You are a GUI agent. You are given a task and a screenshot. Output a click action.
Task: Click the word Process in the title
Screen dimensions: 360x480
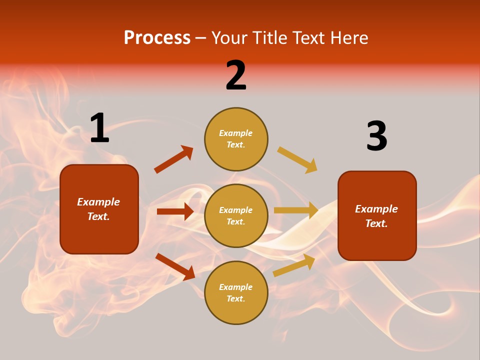coord(157,38)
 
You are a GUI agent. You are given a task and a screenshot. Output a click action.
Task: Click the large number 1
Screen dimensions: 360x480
coord(99,128)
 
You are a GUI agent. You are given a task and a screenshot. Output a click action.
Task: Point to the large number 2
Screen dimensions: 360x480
coord(236,75)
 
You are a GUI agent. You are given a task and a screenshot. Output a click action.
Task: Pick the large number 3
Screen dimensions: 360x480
coord(376,136)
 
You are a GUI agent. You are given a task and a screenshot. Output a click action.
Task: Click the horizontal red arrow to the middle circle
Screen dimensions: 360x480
coord(175,211)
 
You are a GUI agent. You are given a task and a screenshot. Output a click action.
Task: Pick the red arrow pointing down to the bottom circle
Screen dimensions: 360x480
coord(175,266)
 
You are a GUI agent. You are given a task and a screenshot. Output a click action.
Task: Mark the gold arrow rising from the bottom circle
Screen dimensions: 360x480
coord(294,265)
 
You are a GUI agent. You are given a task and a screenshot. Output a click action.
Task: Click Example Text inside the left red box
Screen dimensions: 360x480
coord(98,209)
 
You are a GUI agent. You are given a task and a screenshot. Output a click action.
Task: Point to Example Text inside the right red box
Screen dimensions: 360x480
coord(376,216)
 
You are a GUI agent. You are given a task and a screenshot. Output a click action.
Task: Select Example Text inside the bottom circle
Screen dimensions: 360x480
coord(236,293)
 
